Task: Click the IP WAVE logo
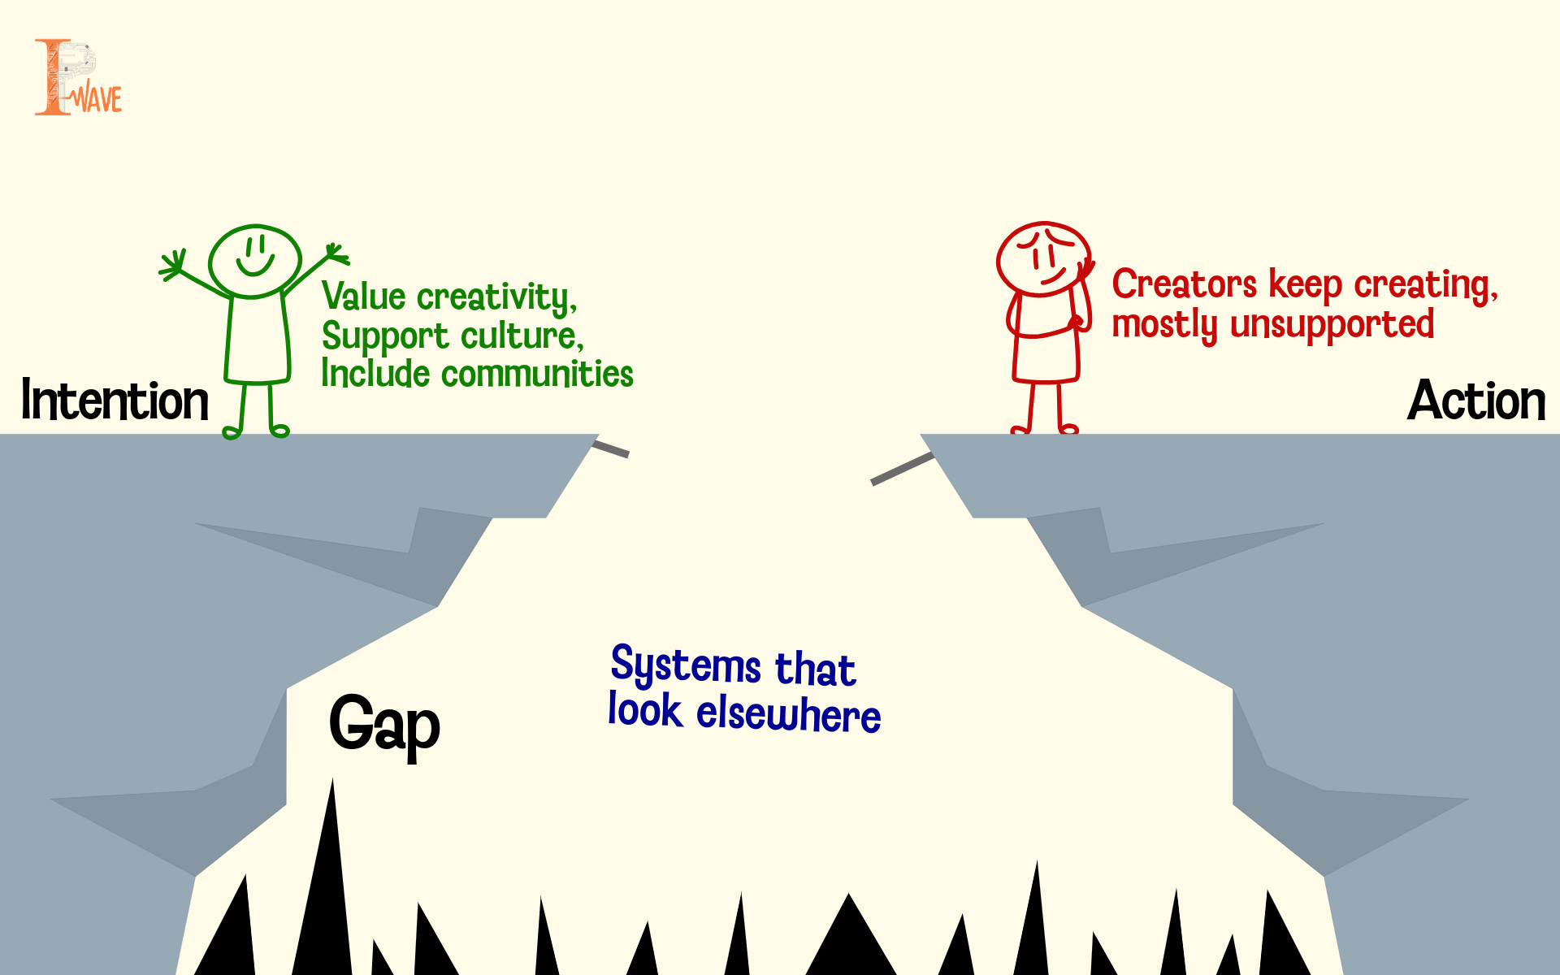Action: pyautogui.click(x=78, y=78)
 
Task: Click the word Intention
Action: pyautogui.click(x=115, y=401)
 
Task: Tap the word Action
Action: pyautogui.click(x=1475, y=401)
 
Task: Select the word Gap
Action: pyautogui.click(x=384, y=725)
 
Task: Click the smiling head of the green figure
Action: pyautogui.click(x=255, y=261)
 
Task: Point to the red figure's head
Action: pyautogui.click(x=1043, y=258)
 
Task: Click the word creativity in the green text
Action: pyautogui.click(x=496, y=297)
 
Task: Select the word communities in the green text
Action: pyautogui.click(x=537, y=375)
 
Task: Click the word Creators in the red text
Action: pyautogui.click(x=1184, y=285)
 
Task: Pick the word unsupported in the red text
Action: pyautogui.click(x=1332, y=324)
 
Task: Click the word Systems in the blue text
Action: pyautogui.click(x=686, y=666)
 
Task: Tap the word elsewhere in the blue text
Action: pyautogui.click(x=788, y=714)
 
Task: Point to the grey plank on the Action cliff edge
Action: pyautogui.click(x=902, y=469)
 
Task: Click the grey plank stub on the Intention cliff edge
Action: pyautogui.click(x=611, y=448)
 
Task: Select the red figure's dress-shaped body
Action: pyautogui.click(x=1046, y=349)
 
